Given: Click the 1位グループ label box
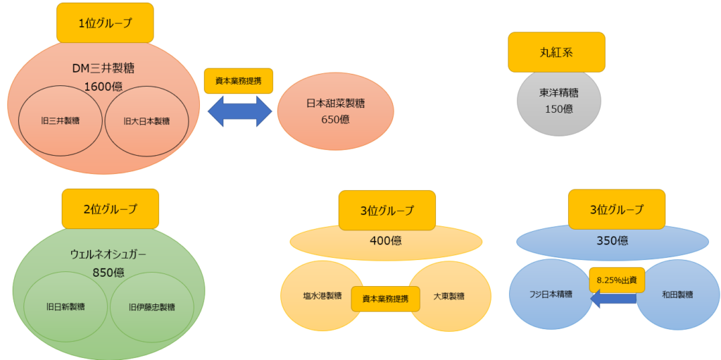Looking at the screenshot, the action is (105, 23).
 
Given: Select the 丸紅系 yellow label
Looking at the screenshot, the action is (556, 52).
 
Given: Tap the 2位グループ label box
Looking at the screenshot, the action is (111, 209).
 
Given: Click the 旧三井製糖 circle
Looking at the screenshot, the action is (60, 121).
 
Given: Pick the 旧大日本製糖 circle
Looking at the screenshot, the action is (146, 121).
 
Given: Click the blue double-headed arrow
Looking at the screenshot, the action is (239, 111).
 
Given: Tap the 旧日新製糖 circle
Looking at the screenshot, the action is (65, 306).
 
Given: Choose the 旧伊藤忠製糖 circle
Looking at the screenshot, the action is (152, 306).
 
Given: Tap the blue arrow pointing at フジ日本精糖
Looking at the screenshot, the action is (613, 299).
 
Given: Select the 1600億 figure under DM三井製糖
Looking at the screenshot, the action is (103, 85).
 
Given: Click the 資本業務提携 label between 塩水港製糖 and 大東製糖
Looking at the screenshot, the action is (385, 298).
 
